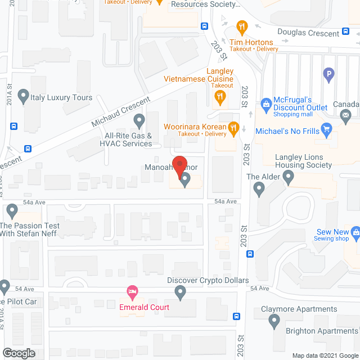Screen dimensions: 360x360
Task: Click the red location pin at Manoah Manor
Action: (179, 164)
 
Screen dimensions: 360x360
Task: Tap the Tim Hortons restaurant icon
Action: (242, 26)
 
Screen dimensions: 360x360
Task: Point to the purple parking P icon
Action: (328, 73)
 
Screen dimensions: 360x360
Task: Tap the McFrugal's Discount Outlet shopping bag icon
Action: (265, 103)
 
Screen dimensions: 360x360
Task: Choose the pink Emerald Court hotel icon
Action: (132, 291)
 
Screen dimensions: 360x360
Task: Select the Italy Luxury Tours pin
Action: (23, 97)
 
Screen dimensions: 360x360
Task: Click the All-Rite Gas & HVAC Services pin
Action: (138, 119)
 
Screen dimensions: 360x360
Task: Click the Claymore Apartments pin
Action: (274, 321)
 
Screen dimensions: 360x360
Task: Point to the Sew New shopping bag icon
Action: (355, 232)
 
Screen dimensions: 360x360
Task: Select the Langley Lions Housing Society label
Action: (304, 161)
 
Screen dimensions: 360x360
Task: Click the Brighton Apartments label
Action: (322, 331)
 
